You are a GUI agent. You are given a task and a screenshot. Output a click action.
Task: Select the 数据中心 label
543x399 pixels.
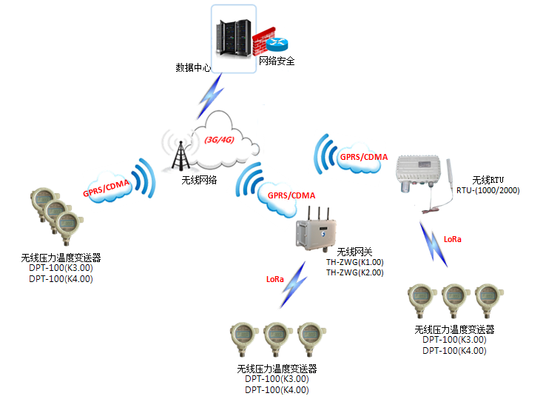point(193,67)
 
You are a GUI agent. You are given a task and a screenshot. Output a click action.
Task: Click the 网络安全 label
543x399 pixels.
point(277,61)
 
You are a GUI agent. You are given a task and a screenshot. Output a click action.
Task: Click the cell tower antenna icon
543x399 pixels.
point(180,152)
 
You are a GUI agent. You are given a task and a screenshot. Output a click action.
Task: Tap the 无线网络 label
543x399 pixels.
point(199,179)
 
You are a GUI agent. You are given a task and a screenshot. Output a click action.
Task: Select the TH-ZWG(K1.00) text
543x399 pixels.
point(355,262)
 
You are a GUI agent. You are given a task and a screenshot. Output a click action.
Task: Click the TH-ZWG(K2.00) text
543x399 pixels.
point(355,272)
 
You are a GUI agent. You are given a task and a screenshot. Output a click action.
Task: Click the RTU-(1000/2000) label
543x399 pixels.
point(488,190)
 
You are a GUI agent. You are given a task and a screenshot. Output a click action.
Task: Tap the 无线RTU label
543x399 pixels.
point(488,180)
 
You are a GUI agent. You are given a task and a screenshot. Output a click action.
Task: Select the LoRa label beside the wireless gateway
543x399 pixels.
point(274,279)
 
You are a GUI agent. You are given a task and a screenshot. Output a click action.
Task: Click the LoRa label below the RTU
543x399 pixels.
point(453,239)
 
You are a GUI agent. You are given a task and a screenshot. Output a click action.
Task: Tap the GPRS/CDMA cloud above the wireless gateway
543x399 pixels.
point(291,195)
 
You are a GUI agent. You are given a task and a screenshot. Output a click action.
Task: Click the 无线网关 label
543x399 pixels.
point(352,252)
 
